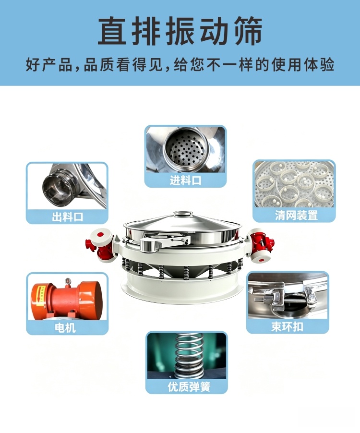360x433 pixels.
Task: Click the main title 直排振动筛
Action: click(180, 30)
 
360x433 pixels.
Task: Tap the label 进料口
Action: click(186, 180)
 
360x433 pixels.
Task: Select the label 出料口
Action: click(67, 217)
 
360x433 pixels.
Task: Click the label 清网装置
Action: click(296, 215)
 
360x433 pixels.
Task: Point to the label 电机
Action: click(65, 328)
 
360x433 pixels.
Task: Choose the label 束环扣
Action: click(288, 327)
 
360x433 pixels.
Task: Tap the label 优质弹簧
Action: click(189, 386)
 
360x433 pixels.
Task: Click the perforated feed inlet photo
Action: click(186, 149)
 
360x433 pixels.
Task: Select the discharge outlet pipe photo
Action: click(67, 186)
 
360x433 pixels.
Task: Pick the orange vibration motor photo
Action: click(67, 297)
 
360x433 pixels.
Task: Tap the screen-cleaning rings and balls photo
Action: click(294, 184)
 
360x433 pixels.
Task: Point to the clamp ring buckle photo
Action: click(288, 296)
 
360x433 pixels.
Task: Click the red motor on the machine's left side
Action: click(100, 245)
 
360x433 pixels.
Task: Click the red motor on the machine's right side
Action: click(261, 245)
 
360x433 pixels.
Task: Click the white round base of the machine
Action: click(182, 288)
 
